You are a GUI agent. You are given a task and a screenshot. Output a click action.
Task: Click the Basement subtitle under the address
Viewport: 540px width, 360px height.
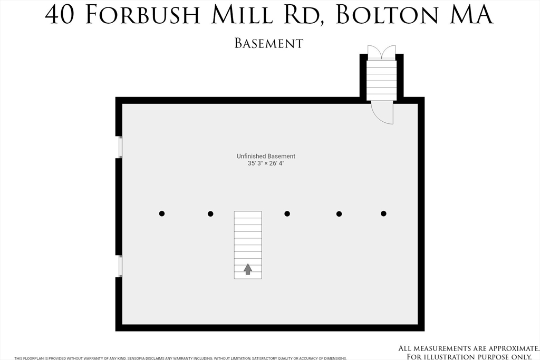[x=269, y=43]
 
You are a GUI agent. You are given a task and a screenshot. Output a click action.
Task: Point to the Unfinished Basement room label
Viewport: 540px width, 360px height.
[x=266, y=156]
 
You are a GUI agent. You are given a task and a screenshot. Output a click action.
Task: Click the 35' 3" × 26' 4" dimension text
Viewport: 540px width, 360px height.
[x=266, y=163]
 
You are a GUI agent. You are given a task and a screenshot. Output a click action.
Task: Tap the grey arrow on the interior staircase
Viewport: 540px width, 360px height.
[x=248, y=269]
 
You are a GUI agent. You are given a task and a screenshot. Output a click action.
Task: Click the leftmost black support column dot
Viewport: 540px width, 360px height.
[x=162, y=213]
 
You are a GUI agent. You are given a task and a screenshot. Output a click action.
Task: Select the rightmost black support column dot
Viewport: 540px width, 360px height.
[x=383, y=213]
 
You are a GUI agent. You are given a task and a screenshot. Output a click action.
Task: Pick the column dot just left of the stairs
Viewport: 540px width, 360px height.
[x=210, y=213]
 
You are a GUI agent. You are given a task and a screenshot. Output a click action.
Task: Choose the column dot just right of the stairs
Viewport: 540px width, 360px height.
[x=287, y=213]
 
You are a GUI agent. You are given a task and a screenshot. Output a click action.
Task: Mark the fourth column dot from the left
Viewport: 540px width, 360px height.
[x=339, y=213]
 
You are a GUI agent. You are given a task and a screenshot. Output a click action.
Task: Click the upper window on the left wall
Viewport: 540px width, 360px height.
[x=120, y=147]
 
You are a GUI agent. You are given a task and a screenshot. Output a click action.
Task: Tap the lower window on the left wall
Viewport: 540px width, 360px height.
[x=120, y=266]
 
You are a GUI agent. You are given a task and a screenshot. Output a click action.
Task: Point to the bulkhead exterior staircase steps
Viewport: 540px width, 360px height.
[x=381, y=79]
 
